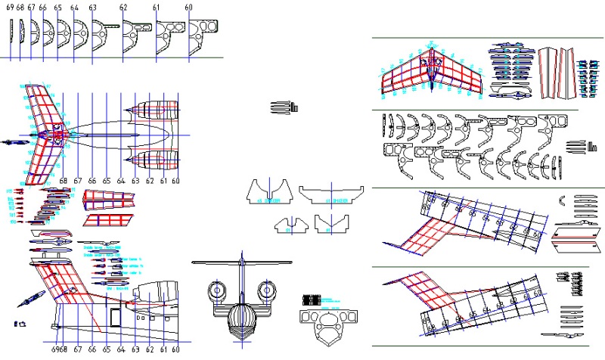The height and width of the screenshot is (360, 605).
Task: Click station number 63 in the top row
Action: [x=92, y=8]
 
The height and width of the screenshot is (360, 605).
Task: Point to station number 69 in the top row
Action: [x=9, y=8]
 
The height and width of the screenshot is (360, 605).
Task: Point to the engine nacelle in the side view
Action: [x=157, y=291]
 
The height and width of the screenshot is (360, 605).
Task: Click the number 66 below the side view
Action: [x=92, y=350]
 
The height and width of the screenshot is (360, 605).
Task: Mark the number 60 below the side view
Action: [x=176, y=350]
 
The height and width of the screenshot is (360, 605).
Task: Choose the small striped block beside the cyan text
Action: [x=310, y=299]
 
